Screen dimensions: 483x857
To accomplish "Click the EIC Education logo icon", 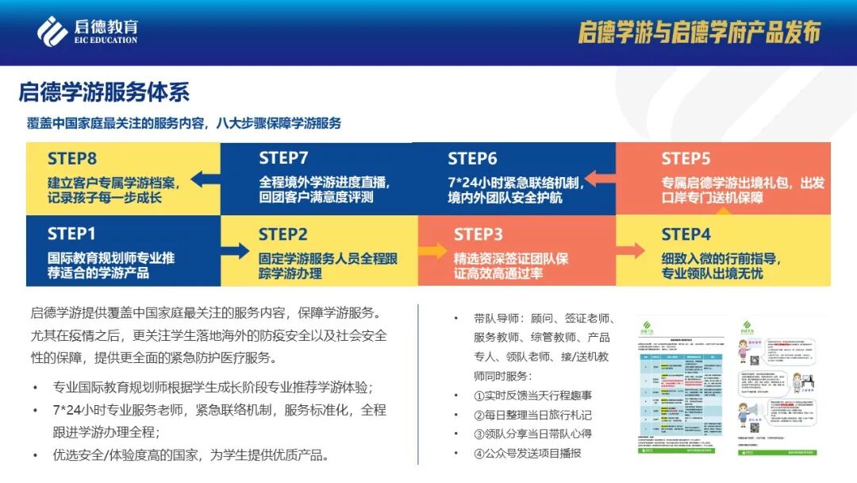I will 53,31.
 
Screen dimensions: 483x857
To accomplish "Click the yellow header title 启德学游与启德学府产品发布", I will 698,32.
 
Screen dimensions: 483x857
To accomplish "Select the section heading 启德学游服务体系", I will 104,91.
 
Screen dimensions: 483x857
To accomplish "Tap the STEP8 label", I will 72,158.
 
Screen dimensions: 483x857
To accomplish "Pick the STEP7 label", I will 283,158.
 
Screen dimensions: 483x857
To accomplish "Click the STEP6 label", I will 472,158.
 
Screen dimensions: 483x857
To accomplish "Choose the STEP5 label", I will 686,158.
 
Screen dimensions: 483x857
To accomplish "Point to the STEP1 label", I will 71,234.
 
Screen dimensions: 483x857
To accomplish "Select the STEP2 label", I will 282,234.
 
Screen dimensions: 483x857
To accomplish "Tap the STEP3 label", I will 478,234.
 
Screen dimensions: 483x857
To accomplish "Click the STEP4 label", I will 686,234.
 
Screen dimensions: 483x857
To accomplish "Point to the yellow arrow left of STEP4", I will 632,251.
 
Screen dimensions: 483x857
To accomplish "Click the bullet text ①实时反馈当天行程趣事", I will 532,395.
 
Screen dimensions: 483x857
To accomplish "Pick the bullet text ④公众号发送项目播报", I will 527,453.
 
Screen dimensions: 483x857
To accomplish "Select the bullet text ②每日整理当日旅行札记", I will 532,415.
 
